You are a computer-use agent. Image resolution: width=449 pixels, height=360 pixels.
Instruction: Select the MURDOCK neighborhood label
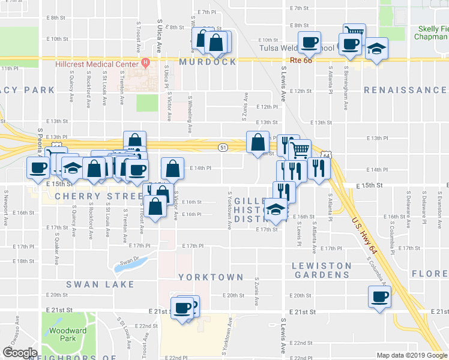coord(208,62)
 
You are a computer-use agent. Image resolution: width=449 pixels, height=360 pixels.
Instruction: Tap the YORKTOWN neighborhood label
coord(210,277)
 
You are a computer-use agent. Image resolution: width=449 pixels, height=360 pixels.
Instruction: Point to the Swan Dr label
coord(128,261)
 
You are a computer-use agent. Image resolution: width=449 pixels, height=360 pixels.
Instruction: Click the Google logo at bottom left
coord(19,353)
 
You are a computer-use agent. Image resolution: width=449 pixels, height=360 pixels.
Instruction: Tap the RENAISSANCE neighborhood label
coord(405,90)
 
